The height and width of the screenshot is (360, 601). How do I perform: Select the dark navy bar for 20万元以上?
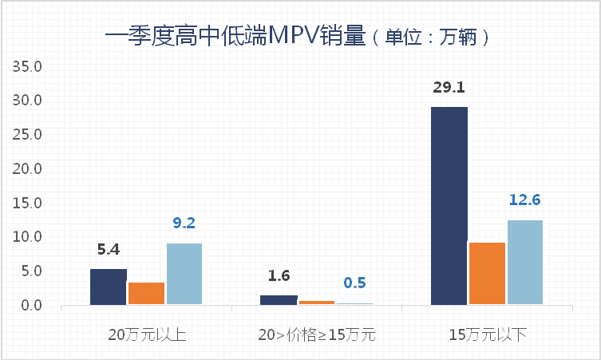(x=108, y=287)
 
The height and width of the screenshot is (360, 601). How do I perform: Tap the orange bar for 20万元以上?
(x=146, y=293)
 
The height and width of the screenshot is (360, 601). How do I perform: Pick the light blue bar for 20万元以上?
(x=184, y=274)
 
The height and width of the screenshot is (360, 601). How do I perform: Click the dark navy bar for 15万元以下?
(x=449, y=205)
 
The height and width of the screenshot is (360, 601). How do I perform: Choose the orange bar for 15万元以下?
(x=487, y=273)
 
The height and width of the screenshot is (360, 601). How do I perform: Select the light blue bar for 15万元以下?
(x=525, y=262)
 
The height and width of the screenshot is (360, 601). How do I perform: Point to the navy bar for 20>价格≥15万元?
(x=279, y=300)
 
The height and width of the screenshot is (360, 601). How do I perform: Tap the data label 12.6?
(x=525, y=200)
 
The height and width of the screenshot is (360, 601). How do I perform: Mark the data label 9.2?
(x=184, y=223)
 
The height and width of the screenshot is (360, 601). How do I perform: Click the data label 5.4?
(x=109, y=249)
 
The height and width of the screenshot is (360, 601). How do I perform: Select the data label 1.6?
(x=279, y=276)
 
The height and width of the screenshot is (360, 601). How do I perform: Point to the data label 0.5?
(x=355, y=283)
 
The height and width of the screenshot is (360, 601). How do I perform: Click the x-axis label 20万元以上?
(x=147, y=334)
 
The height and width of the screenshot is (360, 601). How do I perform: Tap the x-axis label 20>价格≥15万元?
(x=317, y=334)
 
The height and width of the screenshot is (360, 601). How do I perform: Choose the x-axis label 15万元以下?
(x=488, y=334)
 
